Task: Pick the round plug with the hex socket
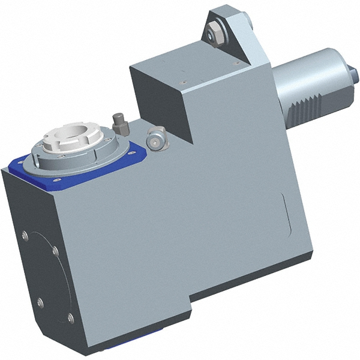click(156, 137)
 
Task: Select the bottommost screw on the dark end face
click(70, 317)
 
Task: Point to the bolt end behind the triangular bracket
click(247, 24)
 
